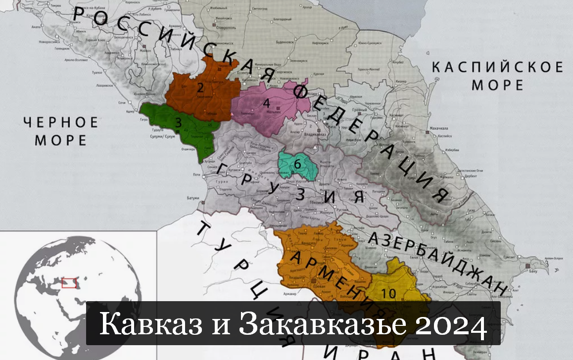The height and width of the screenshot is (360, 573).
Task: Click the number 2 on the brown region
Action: [x=200, y=88]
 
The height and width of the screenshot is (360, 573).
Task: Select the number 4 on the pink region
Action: [x=266, y=103]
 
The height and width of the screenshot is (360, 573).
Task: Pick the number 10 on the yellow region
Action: [x=389, y=293]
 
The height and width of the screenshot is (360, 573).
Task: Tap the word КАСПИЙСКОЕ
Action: [x=497, y=67]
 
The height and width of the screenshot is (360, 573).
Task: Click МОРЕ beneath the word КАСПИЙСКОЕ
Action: [x=497, y=85]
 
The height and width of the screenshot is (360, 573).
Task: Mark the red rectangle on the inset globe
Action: [x=69, y=282]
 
